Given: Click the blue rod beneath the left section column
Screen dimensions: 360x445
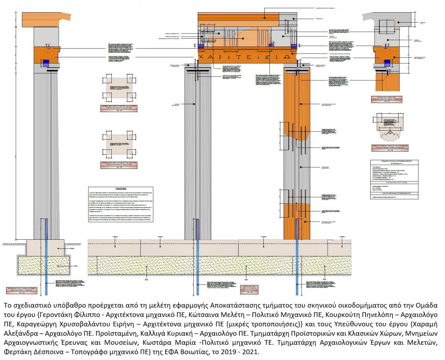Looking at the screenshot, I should point(46,256).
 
